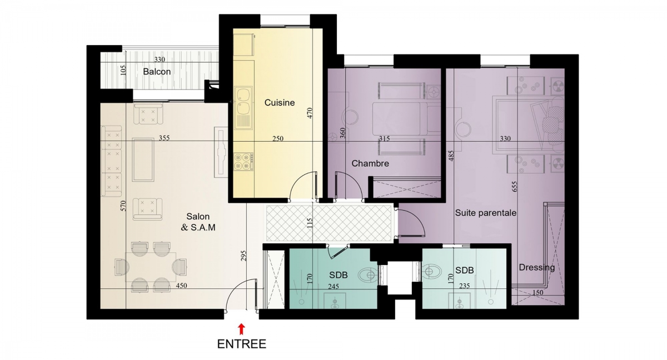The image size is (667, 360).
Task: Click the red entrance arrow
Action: point(241,329)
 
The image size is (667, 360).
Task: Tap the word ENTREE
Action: point(241,344)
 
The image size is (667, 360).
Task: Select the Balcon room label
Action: point(157,72)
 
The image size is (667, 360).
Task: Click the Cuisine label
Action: point(279,103)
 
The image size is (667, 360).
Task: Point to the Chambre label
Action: point(370,163)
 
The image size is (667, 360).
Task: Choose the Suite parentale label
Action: point(486,213)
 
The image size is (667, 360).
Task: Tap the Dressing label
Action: point(536,267)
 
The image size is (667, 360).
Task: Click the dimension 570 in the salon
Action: point(123,206)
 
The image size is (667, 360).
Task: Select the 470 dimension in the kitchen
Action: point(310,113)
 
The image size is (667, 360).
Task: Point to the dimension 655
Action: point(515,187)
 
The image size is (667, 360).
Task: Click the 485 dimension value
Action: point(451,156)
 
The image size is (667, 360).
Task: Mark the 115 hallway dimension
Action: point(310,223)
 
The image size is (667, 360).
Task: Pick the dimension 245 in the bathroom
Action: point(333,287)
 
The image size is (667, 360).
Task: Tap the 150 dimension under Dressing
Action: point(537,292)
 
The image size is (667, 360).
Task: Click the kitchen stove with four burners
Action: point(243,161)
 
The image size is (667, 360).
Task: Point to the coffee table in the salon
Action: point(143,160)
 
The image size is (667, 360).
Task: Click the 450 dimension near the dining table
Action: point(181,286)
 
